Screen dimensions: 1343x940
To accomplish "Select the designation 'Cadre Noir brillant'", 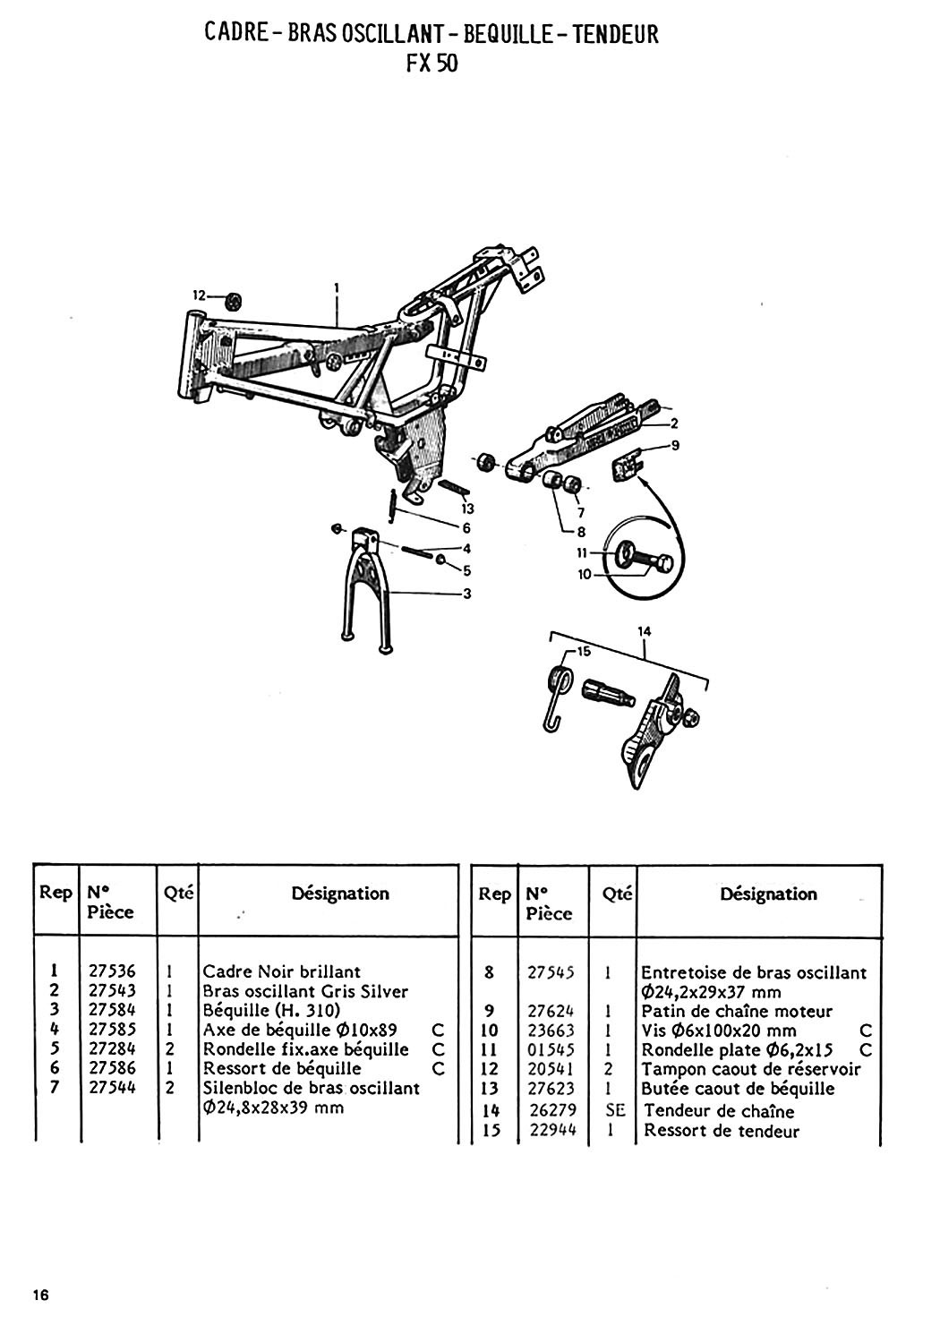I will click(x=282, y=971).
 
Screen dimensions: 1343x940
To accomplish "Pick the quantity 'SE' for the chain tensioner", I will click(x=614, y=1111).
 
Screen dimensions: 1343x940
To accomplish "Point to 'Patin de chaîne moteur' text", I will click(x=737, y=1011).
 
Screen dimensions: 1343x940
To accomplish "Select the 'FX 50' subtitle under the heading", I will click(x=431, y=64).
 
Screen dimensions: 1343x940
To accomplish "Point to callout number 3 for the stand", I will click(x=466, y=594).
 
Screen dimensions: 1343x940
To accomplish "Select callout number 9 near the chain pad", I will click(x=675, y=445).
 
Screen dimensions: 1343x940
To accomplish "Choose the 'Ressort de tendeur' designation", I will click(x=722, y=1131).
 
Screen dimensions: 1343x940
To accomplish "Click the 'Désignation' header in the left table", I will click(x=340, y=893).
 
